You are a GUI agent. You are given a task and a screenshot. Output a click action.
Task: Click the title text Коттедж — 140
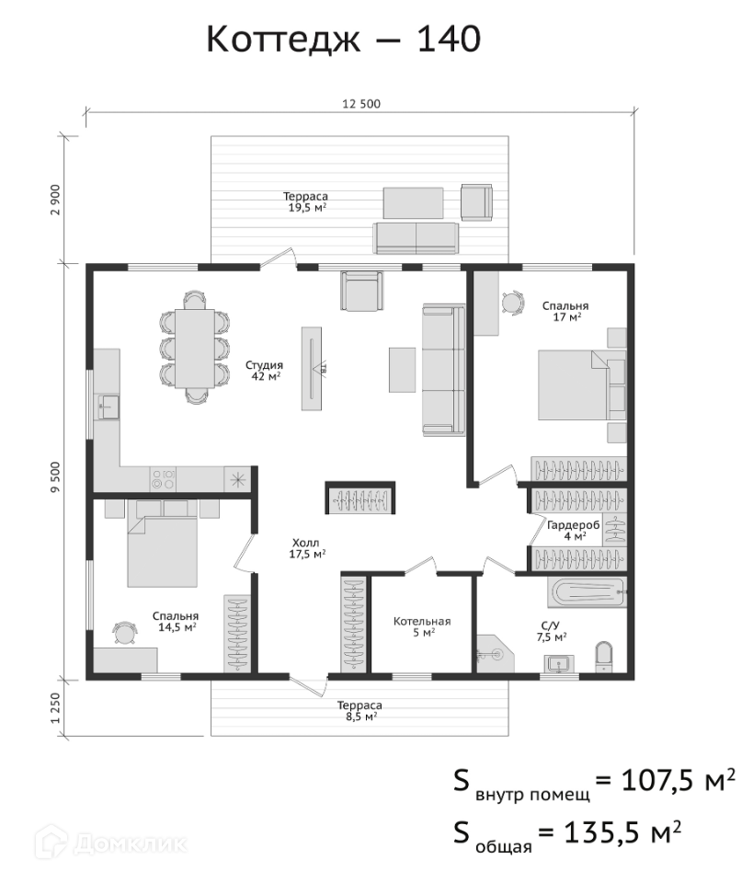pos(343,40)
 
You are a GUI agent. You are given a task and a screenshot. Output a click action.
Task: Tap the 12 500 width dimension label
pos(361,104)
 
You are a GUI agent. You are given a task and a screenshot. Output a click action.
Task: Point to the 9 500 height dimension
pos(55,477)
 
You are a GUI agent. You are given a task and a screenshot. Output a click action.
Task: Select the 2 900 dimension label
pos(55,200)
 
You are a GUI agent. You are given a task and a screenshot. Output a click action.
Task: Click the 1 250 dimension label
pos(55,708)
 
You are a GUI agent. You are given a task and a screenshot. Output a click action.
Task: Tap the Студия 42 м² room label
pos(264,371)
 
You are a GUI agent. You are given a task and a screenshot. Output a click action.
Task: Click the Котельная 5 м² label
pos(422,626)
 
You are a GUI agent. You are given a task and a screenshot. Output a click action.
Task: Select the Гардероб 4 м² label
pos(574,531)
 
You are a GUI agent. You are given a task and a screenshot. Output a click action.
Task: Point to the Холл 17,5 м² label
pos(307,548)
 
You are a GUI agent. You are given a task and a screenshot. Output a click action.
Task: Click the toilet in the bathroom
pos(604,656)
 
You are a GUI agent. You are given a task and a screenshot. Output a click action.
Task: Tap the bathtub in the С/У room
pos(587,592)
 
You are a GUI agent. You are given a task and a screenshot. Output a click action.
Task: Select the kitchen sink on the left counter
pos(108,407)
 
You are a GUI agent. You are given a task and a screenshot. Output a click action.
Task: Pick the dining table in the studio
pos(195,348)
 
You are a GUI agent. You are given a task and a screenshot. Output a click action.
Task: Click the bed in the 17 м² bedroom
pos(582,385)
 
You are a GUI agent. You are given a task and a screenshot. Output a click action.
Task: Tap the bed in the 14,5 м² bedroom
pos(163,544)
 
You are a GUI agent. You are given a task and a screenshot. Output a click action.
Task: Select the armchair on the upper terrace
pos(476,202)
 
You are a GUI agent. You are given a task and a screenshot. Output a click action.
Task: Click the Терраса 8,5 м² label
pos(359,711)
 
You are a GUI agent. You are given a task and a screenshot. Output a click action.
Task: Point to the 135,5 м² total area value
pos(622,831)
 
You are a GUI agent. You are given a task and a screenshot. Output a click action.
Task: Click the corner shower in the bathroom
pos(495,654)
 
